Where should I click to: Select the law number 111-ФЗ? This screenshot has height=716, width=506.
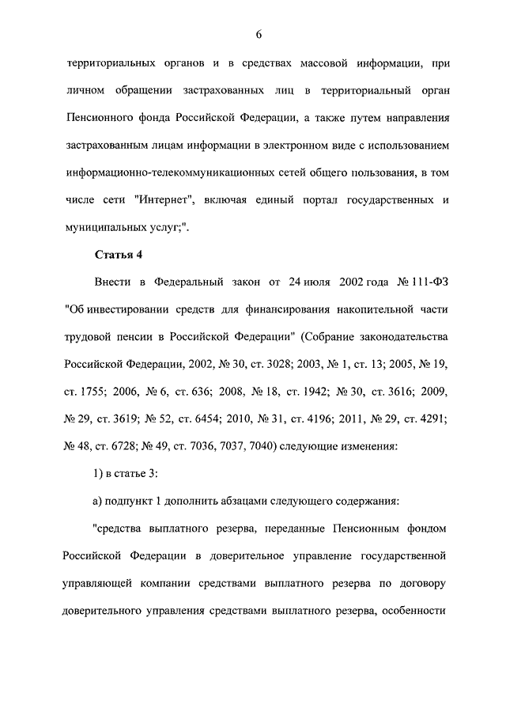coord(422,281)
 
